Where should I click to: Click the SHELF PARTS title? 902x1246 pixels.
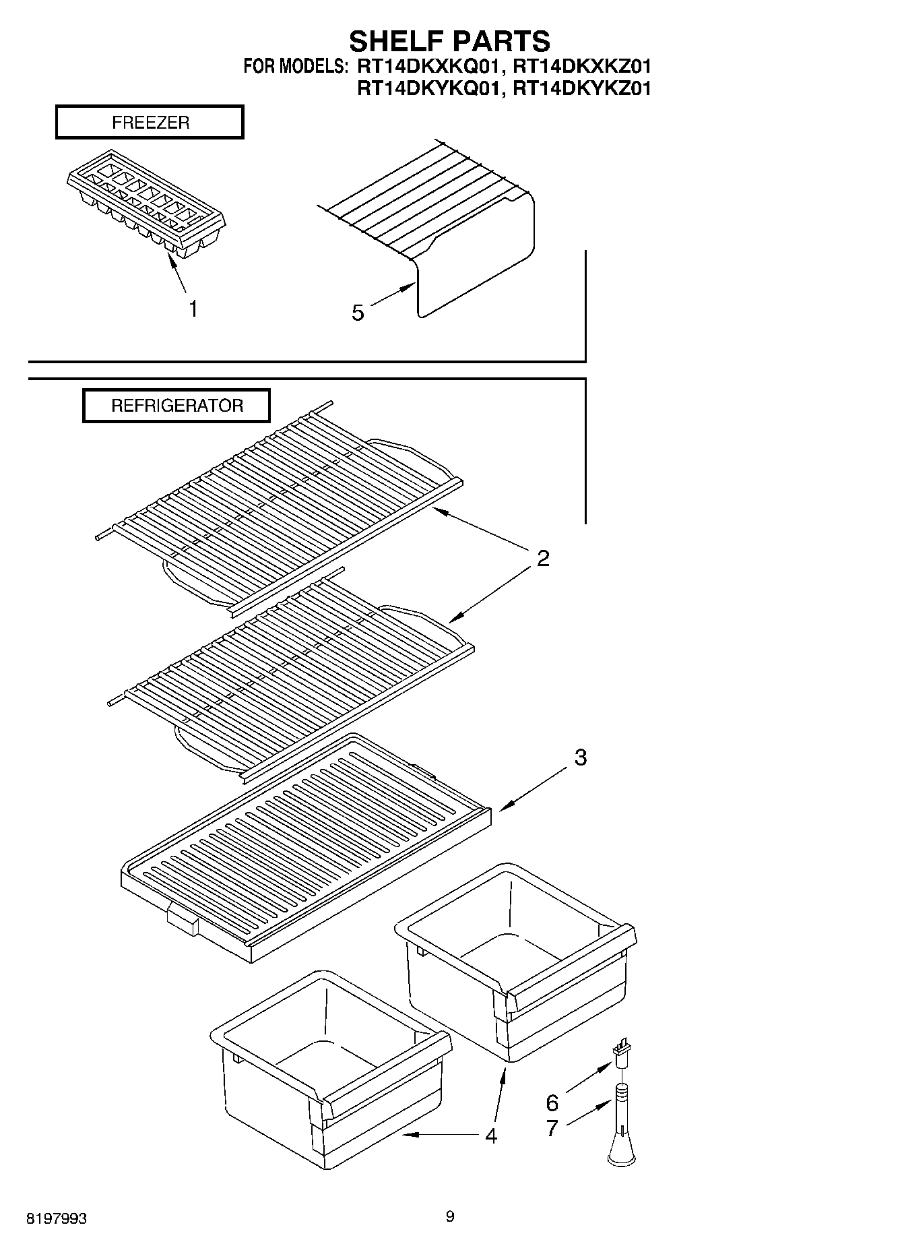(x=449, y=41)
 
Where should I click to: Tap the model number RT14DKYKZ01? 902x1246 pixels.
(x=581, y=88)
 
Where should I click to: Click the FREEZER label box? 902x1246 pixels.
(x=150, y=123)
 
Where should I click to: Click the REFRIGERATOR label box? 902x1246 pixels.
(x=176, y=406)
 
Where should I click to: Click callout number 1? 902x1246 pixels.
(x=193, y=309)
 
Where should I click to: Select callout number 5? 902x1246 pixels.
(x=358, y=312)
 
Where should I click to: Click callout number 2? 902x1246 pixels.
(x=543, y=558)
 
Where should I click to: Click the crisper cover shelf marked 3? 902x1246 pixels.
(x=307, y=849)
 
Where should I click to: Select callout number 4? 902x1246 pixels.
(x=491, y=1135)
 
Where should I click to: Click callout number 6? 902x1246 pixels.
(x=552, y=1103)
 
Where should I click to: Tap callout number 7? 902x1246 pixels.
(x=552, y=1128)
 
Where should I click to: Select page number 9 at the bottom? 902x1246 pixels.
(x=450, y=1216)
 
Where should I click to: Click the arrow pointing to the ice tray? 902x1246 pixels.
(x=176, y=273)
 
